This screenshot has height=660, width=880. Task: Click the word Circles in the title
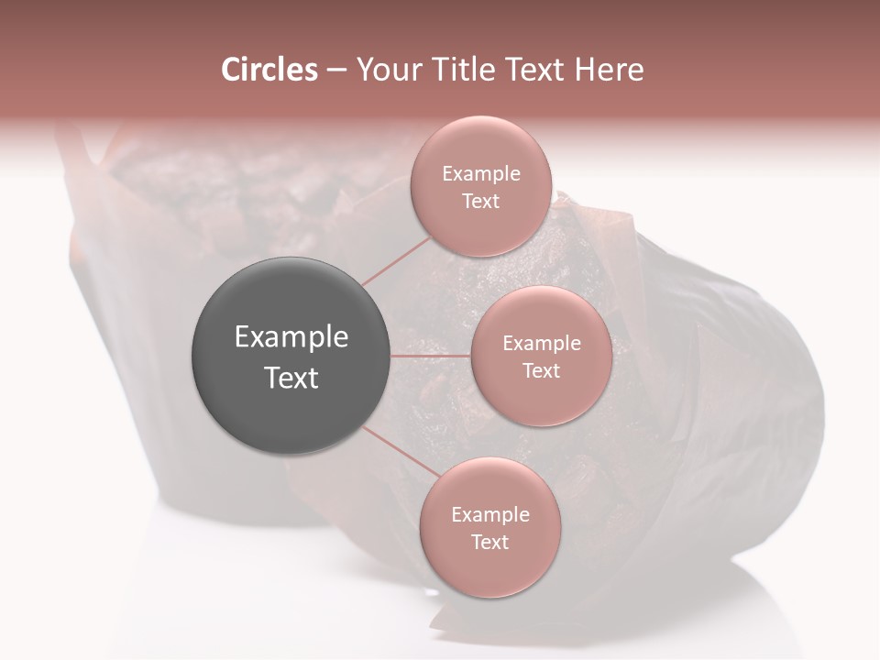click(x=269, y=70)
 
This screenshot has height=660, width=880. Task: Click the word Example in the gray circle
click(x=291, y=337)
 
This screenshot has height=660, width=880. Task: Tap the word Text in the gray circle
click(x=291, y=378)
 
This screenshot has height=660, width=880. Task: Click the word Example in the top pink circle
click(x=481, y=174)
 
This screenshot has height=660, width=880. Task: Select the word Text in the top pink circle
click(x=480, y=202)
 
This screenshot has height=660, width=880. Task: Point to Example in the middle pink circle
click(x=542, y=344)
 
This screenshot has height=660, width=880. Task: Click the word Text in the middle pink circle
click(x=541, y=371)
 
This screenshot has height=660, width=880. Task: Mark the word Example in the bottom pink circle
click(x=490, y=515)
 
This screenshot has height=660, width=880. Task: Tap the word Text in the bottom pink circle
click(x=489, y=543)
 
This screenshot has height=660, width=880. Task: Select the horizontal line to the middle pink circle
click(x=431, y=356)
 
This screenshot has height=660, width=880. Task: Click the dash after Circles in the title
click(x=336, y=71)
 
